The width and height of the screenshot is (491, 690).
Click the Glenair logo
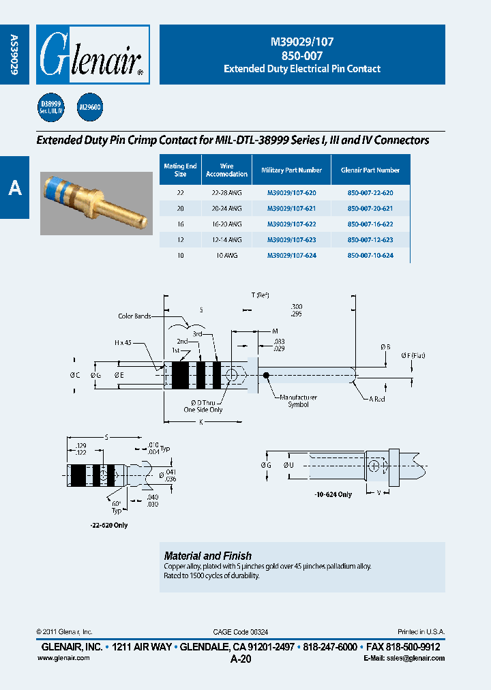click(x=92, y=55)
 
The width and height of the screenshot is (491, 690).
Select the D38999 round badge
click(x=50, y=106)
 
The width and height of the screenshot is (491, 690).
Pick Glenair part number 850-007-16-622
click(x=370, y=224)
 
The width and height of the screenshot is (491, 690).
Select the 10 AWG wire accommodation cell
click(x=226, y=255)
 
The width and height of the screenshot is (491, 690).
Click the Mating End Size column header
click(x=180, y=170)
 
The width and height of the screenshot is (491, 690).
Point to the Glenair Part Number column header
click(x=370, y=170)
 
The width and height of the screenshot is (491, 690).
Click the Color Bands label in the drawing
click(x=134, y=316)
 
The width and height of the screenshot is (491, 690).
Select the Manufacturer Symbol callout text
click(x=298, y=401)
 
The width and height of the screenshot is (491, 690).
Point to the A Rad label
click(x=377, y=399)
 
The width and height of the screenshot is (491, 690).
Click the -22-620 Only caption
click(x=108, y=525)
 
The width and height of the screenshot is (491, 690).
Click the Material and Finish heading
click(x=208, y=556)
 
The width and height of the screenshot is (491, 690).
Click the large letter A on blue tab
click(x=14, y=189)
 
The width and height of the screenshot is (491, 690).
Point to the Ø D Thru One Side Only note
click(x=203, y=406)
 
